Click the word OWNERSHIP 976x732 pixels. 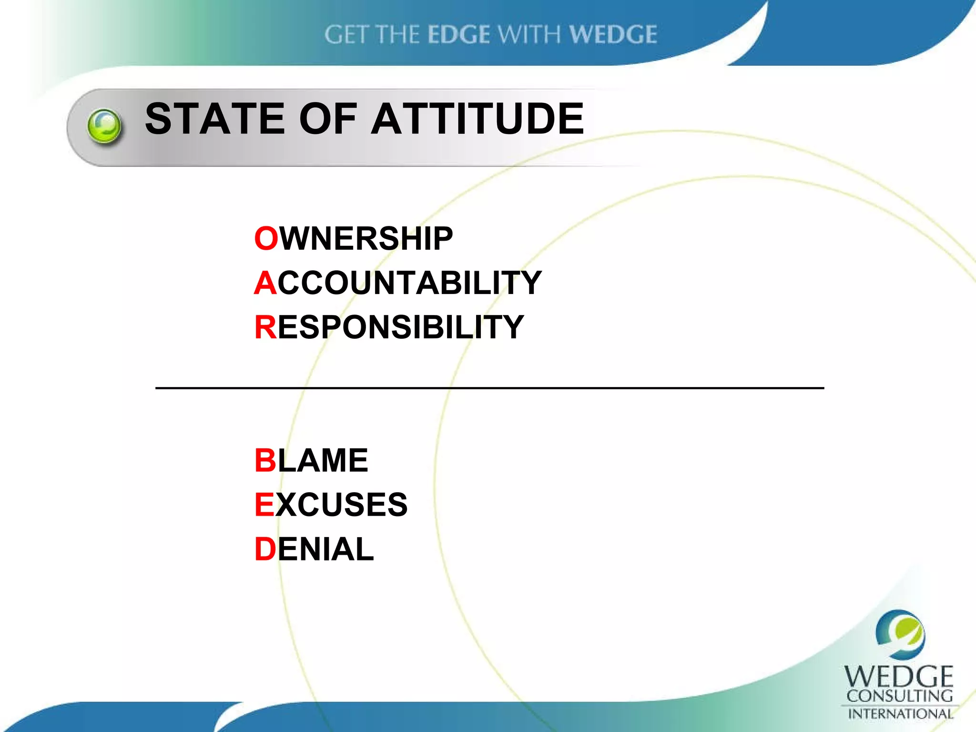(354, 239)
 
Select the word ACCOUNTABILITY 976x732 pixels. (398, 283)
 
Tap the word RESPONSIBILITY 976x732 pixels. (389, 327)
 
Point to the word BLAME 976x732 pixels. (311, 460)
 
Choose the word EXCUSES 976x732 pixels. (331, 505)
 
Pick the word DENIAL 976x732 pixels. (314, 549)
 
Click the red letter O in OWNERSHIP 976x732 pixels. (266, 239)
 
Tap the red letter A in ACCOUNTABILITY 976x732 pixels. (265, 283)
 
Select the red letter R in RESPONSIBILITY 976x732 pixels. (265, 327)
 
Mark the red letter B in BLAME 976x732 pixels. (265, 460)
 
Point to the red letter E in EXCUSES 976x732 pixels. (264, 505)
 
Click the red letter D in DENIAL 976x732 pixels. (265, 549)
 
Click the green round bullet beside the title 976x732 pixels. (104, 126)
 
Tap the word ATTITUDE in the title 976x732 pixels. (478, 119)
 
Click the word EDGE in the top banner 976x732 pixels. (458, 35)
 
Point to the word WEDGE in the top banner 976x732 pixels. (613, 35)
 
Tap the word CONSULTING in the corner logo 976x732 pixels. (900, 696)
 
